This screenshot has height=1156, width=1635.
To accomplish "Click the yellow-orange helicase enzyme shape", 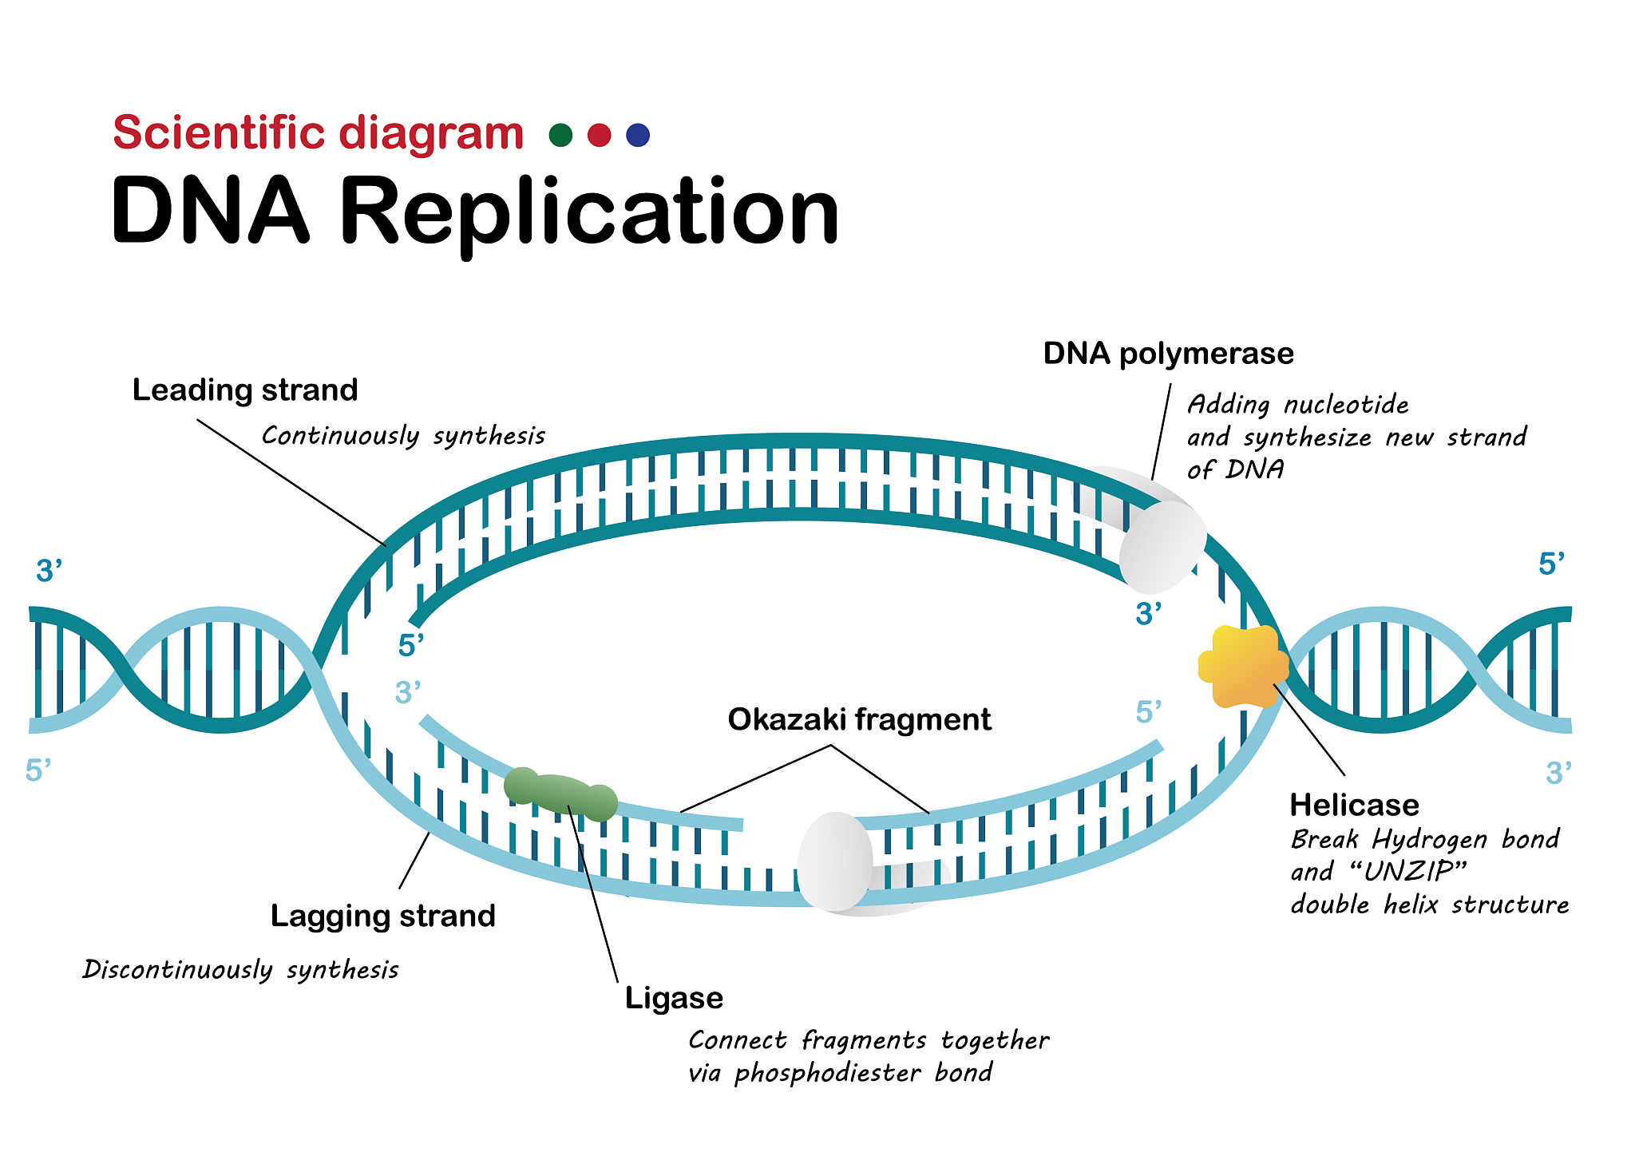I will point(1242,667).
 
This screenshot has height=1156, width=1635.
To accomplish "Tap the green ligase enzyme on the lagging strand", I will point(560,794).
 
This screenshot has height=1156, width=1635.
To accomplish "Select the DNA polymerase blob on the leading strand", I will point(1162,546).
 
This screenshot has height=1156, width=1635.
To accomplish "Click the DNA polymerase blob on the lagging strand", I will point(835,861).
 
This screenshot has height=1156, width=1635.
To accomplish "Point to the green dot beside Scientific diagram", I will point(561,135).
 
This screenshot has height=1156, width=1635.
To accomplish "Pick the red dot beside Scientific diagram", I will point(599,135).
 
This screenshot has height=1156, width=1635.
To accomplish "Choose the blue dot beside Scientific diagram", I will point(638,135).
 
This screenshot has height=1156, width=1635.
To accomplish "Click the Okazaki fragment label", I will point(859,720).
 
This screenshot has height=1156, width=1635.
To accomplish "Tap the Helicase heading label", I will point(1354,805).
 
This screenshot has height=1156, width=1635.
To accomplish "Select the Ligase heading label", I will point(674,998).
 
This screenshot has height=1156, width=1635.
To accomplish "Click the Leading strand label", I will point(245,390).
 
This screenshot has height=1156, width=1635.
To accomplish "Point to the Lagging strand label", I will point(382,916).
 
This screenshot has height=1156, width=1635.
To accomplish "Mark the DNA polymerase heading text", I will point(1168,354).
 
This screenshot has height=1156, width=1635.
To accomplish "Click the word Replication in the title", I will point(589,212).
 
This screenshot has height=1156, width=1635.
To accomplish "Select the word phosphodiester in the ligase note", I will point(828,1073).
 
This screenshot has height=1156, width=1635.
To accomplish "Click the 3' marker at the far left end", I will point(49,572).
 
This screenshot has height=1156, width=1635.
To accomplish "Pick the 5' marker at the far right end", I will point(1551,564).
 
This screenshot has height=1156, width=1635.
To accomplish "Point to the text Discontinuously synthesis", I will point(240,969).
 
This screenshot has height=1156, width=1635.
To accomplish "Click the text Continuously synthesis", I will point(403,436).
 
